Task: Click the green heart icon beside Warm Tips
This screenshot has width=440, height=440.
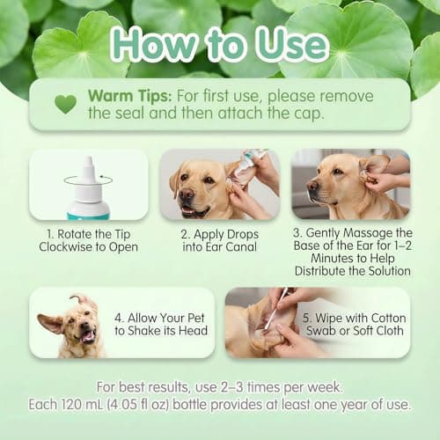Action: click(65, 104)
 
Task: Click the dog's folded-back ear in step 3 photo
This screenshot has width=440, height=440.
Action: click(374, 166)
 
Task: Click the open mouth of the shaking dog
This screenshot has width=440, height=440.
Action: click(86, 334)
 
